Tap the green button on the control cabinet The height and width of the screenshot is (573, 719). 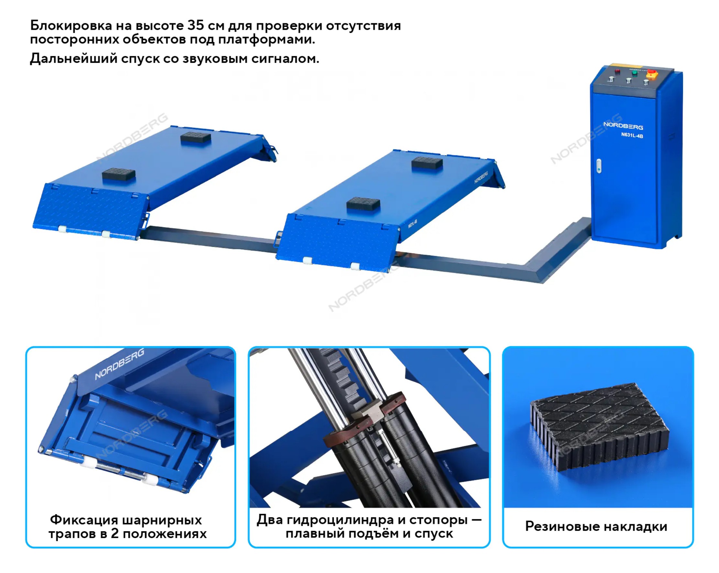click(635, 73)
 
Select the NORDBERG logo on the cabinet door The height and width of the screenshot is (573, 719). click(623, 126)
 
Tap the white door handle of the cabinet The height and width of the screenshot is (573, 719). click(599, 166)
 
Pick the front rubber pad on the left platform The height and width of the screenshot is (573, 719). click(119, 174)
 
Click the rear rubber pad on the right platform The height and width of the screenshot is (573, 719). click(427, 163)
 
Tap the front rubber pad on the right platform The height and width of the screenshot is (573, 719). click(363, 204)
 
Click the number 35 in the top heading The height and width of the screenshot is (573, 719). click(195, 25)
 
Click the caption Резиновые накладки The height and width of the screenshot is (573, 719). click(596, 526)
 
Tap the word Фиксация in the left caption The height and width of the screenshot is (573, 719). click(84, 520)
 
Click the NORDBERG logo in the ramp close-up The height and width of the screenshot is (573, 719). click(119, 364)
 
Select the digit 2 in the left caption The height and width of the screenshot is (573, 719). click(115, 534)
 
